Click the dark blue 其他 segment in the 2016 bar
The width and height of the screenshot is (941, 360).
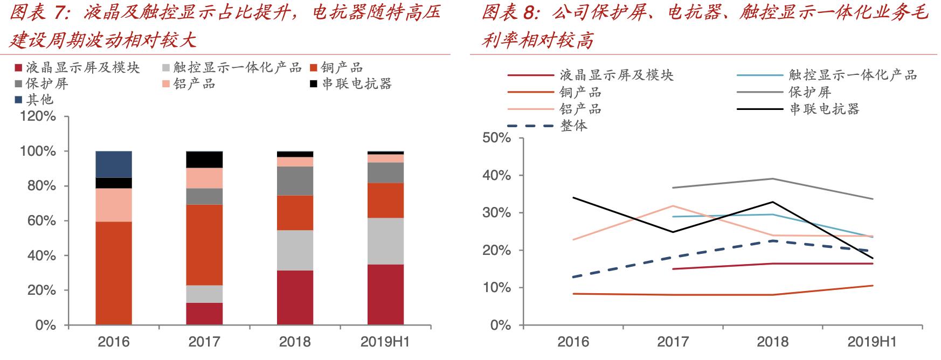pyautogui.click(x=114, y=164)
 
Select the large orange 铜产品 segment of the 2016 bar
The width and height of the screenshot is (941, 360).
pyautogui.click(x=114, y=273)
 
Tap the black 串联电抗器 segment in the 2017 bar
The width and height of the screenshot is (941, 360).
pyautogui.click(x=204, y=160)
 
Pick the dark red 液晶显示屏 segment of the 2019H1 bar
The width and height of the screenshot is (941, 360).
pyautogui.click(x=385, y=294)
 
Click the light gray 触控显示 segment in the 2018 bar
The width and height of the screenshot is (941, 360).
pyautogui.click(x=295, y=250)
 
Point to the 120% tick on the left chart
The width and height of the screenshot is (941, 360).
pyautogui.click(x=38, y=117)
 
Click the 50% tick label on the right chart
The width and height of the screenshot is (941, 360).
pyautogui.click(x=496, y=138)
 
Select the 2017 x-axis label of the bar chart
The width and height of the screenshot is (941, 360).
pyautogui.click(x=204, y=342)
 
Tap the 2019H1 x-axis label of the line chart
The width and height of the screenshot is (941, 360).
pyautogui.click(x=871, y=342)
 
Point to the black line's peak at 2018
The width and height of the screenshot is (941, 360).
pyautogui.click(x=773, y=202)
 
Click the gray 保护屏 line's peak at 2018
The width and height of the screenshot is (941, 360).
pyautogui.click(x=773, y=179)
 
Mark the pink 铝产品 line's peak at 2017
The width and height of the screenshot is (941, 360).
pyautogui.click(x=673, y=206)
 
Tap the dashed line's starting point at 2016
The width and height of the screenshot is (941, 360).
pyautogui.click(x=573, y=277)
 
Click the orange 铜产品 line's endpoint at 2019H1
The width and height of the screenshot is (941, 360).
pyautogui.click(x=873, y=286)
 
